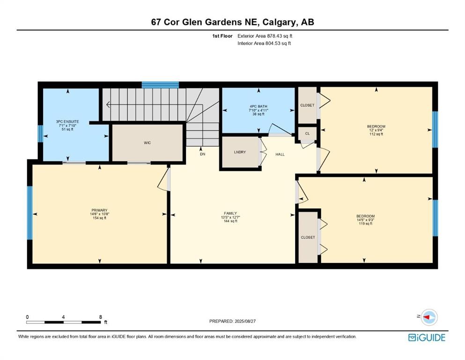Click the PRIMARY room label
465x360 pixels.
tap(99, 210)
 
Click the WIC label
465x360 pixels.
tap(147, 142)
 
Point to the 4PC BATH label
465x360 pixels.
tap(258, 106)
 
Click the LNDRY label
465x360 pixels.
tap(240, 152)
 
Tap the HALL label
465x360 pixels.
tap(280, 154)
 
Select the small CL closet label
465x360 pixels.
tap(307, 134)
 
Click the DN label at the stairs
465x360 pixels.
tap(202, 154)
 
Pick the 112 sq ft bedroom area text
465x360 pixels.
tap(376, 134)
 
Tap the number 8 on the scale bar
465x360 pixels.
tap(100, 317)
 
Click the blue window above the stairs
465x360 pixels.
tap(160, 85)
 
